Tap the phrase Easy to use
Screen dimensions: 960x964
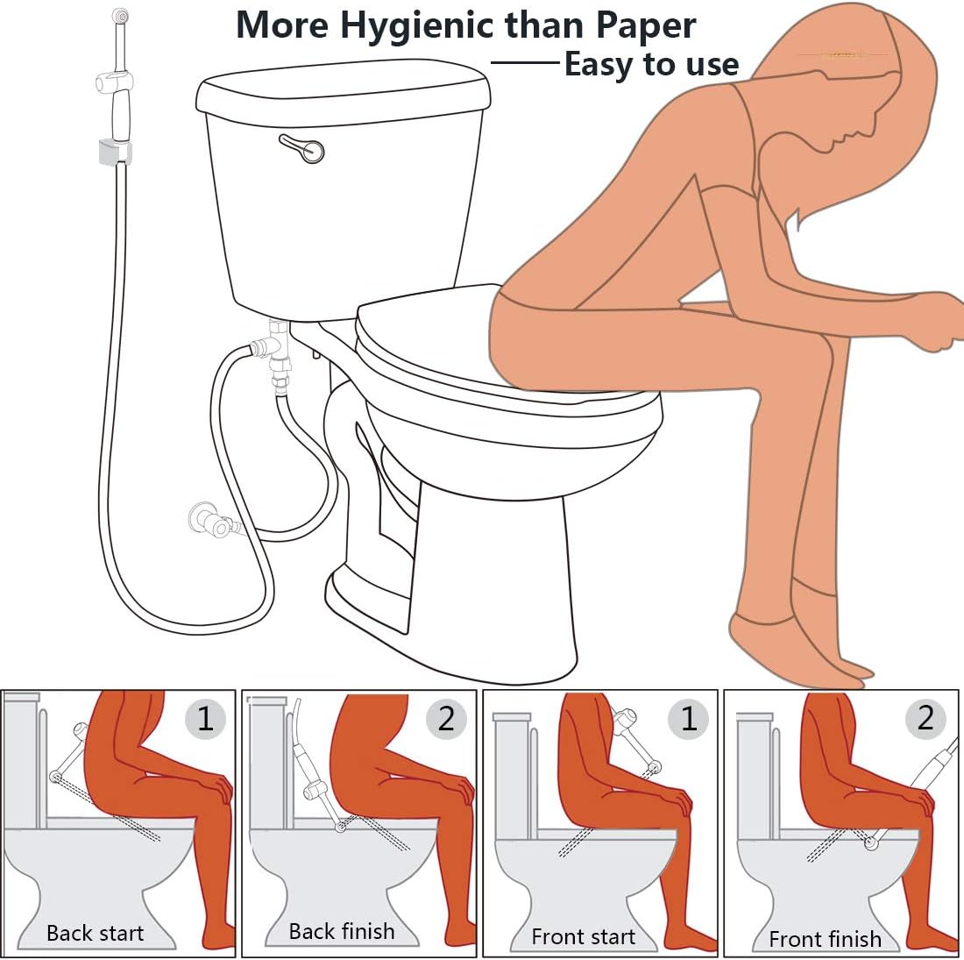651,64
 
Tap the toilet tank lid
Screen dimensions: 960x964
342,92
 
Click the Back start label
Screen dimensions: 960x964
95,934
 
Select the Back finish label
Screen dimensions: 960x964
342,931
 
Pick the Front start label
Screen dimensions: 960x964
583,936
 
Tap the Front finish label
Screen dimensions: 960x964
825,939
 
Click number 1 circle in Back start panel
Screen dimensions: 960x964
205,719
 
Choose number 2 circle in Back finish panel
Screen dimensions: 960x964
446,719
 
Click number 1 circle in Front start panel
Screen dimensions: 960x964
688,719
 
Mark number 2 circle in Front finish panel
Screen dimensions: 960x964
925,718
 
